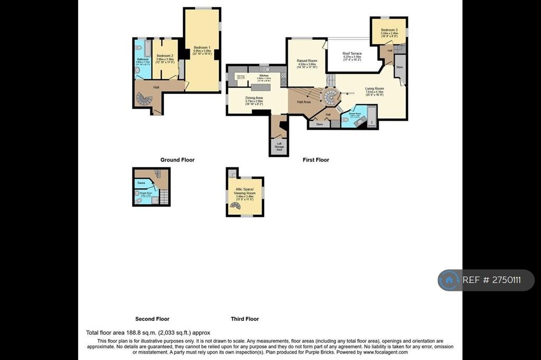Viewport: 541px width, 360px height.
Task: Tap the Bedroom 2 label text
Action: [165, 56]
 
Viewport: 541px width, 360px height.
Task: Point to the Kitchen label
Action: [264, 75]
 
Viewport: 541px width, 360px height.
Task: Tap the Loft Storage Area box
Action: [279, 147]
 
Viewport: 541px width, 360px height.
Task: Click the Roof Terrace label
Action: [352, 54]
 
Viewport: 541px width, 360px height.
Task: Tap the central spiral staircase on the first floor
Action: [332, 97]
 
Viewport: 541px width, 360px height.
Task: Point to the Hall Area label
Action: [304, 102]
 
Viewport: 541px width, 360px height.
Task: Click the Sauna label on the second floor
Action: [142, 183]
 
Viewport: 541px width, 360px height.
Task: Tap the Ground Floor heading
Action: [178, 160]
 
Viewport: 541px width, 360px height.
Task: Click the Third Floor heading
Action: [245, 319]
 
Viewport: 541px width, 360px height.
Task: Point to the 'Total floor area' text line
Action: [148, 333]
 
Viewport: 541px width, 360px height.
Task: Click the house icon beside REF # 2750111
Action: [449, 280]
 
